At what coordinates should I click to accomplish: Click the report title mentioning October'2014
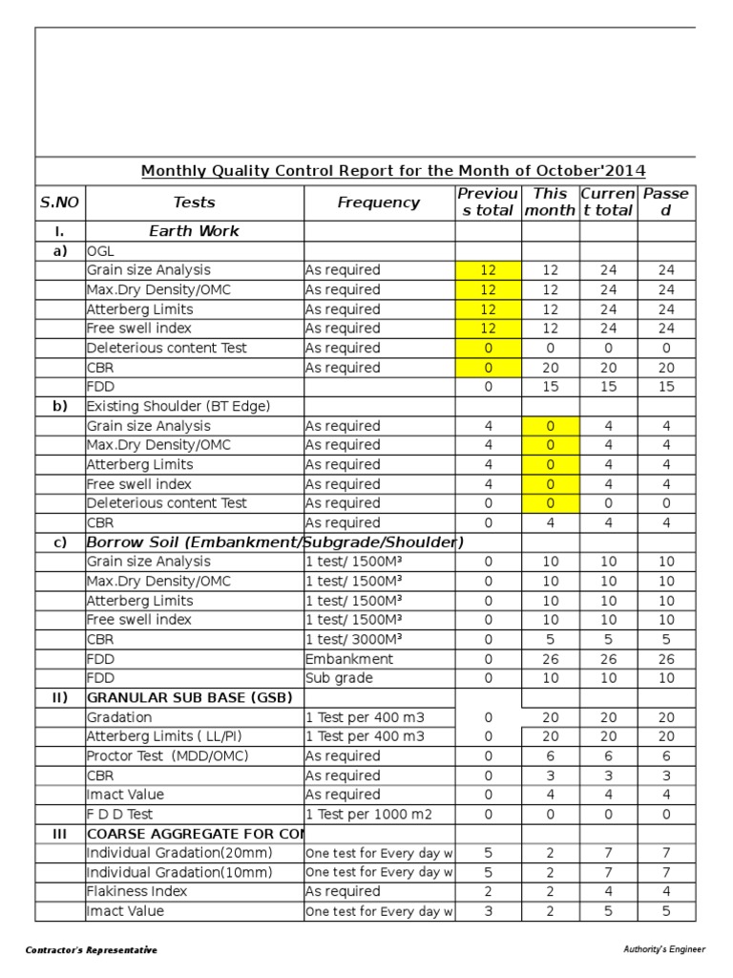pos(393,171)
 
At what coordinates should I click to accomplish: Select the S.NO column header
pos(59,202)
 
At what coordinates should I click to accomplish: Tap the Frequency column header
pos(378,202)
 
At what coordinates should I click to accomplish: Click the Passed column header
pos(665,202)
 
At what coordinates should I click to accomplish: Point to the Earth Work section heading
pos(194,231)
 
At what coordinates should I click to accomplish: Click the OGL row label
pos(100,251)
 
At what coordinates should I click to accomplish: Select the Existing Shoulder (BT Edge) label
pos(178,406)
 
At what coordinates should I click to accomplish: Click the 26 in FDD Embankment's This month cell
pos(551,659)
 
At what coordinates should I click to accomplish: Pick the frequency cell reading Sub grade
pos(339,678)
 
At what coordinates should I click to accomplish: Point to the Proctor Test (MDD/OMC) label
pos(167,756)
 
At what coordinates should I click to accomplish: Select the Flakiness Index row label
pos(136,892)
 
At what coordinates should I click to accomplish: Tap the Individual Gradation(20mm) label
pos(178,853)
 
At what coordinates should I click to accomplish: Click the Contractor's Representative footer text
pos(92,950)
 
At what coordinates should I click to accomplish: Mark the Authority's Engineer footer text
pos(664,949)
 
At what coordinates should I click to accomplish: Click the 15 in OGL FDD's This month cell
pos(551,387)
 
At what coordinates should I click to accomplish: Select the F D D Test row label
pos(119,815)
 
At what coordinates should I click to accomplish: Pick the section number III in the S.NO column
pos(59,834)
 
